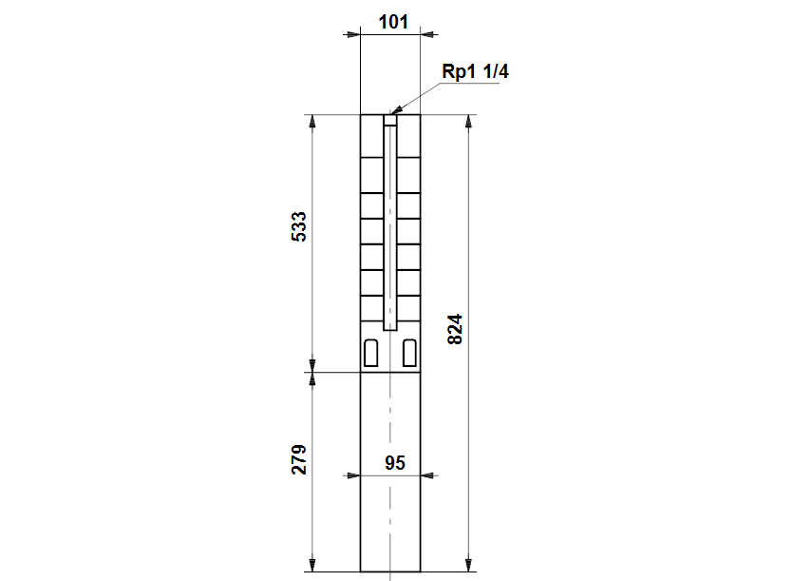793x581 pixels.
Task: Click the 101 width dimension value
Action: tap(393, 22)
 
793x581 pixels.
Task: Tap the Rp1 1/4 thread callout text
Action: tap(475, 71)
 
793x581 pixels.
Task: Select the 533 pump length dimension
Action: tap(299, 226)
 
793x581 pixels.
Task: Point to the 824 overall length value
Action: tap(455, 329)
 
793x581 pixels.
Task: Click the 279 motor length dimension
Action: tap(299, 459)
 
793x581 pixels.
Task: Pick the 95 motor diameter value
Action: tap(395, 462)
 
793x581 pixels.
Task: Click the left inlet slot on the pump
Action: tap(371, 353)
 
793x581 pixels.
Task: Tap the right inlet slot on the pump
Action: tap(409, 353)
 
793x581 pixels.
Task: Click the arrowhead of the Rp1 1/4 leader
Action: tap(397, 110)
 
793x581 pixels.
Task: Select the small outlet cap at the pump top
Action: tap(390, 120)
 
